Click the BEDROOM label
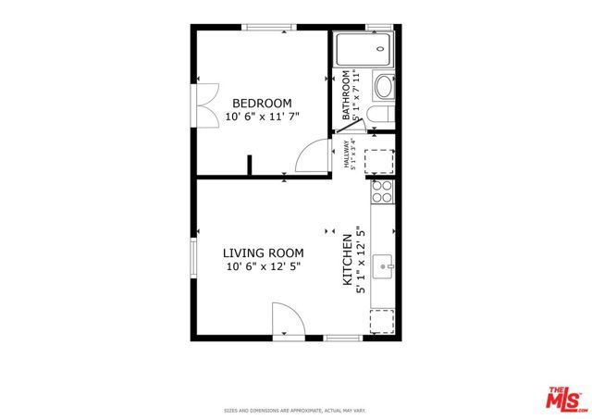(x=262, y=103)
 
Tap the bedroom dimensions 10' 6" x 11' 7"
(x=262, y=117)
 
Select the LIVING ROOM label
(x=263, y=253)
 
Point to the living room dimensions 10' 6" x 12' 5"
(x=263, y=266)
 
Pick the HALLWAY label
(x=349, y=153)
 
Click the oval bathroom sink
(x=382, y=89)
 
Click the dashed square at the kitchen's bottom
(x=382, y=321)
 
